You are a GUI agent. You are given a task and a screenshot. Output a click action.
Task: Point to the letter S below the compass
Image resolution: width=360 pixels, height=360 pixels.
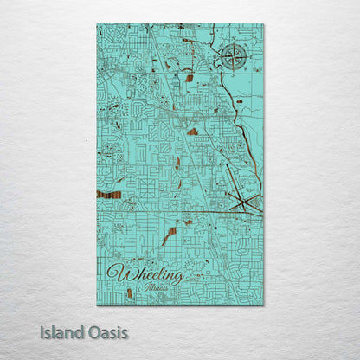click(231, 73)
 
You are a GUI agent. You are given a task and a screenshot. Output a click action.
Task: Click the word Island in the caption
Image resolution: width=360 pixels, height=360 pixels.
click(61, 331)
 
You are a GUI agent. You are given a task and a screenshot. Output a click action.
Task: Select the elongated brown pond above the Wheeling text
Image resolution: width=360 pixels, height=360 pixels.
click(169, 236)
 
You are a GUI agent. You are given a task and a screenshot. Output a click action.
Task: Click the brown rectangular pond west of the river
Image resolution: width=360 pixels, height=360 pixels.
click(188, 78)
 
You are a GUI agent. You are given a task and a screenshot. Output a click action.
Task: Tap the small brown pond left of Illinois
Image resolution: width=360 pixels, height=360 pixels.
click(130, 292)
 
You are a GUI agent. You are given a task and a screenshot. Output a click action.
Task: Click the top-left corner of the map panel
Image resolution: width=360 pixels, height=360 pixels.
click(97, 24)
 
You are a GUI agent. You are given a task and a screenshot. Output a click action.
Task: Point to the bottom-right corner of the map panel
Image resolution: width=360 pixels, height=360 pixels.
click(263, 305)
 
